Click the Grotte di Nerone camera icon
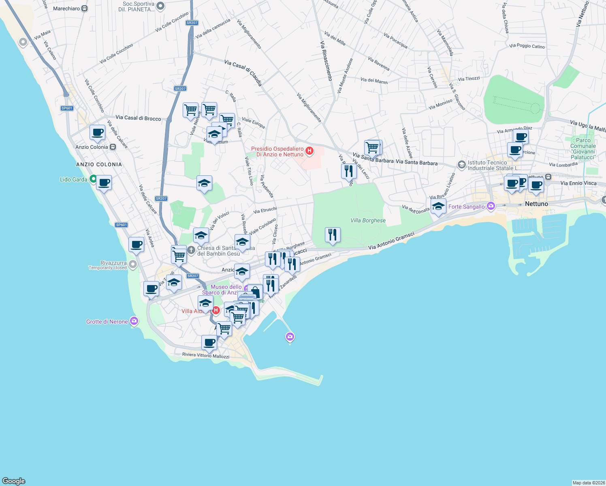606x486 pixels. point(134,322)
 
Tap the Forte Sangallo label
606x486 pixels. point(466,207)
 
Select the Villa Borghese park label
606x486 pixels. point(368,220)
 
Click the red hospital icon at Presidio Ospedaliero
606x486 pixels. point(309,151)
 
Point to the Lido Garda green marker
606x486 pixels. point(93,179)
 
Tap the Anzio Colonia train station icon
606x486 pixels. point(113,147)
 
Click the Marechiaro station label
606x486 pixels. point(66,9)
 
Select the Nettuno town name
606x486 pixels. point(536,204)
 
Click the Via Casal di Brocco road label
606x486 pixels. point(138,118)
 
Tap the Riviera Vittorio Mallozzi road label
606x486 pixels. point(205,355)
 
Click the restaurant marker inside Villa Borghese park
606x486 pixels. point(333,235)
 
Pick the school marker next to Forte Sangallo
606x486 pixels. point(438,207)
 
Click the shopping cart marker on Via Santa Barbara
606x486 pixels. point(372,147)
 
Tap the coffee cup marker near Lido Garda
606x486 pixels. point(104,183)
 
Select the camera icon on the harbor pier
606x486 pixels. point(290,337)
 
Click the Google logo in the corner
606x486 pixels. point(14,481)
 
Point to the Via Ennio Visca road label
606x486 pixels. point(578,183)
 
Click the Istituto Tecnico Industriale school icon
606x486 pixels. point(461,165)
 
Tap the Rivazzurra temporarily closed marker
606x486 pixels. point(132,264)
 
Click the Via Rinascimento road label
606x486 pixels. point(326,61)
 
